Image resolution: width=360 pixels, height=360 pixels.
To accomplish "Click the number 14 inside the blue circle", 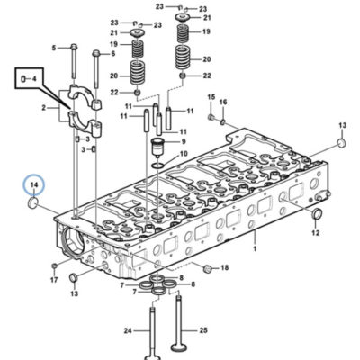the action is pyautogui.click(x=34, y=184).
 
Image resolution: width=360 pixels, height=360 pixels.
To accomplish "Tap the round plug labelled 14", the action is pyautogui.click(x=32, y=202).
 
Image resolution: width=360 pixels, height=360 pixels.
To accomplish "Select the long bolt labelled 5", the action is pyautogui.click(x=74, y=64).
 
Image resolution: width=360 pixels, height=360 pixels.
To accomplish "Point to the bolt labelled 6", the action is pyautogui.click(x=96, y=69).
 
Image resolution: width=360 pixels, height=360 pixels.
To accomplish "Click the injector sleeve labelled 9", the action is pyautogui.click(x=157, y=148).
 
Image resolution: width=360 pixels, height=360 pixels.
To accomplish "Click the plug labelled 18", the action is pyautogui.click(x=207, y=268).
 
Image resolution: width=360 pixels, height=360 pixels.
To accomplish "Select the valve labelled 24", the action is pyautogui.click(x=152, y=334).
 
